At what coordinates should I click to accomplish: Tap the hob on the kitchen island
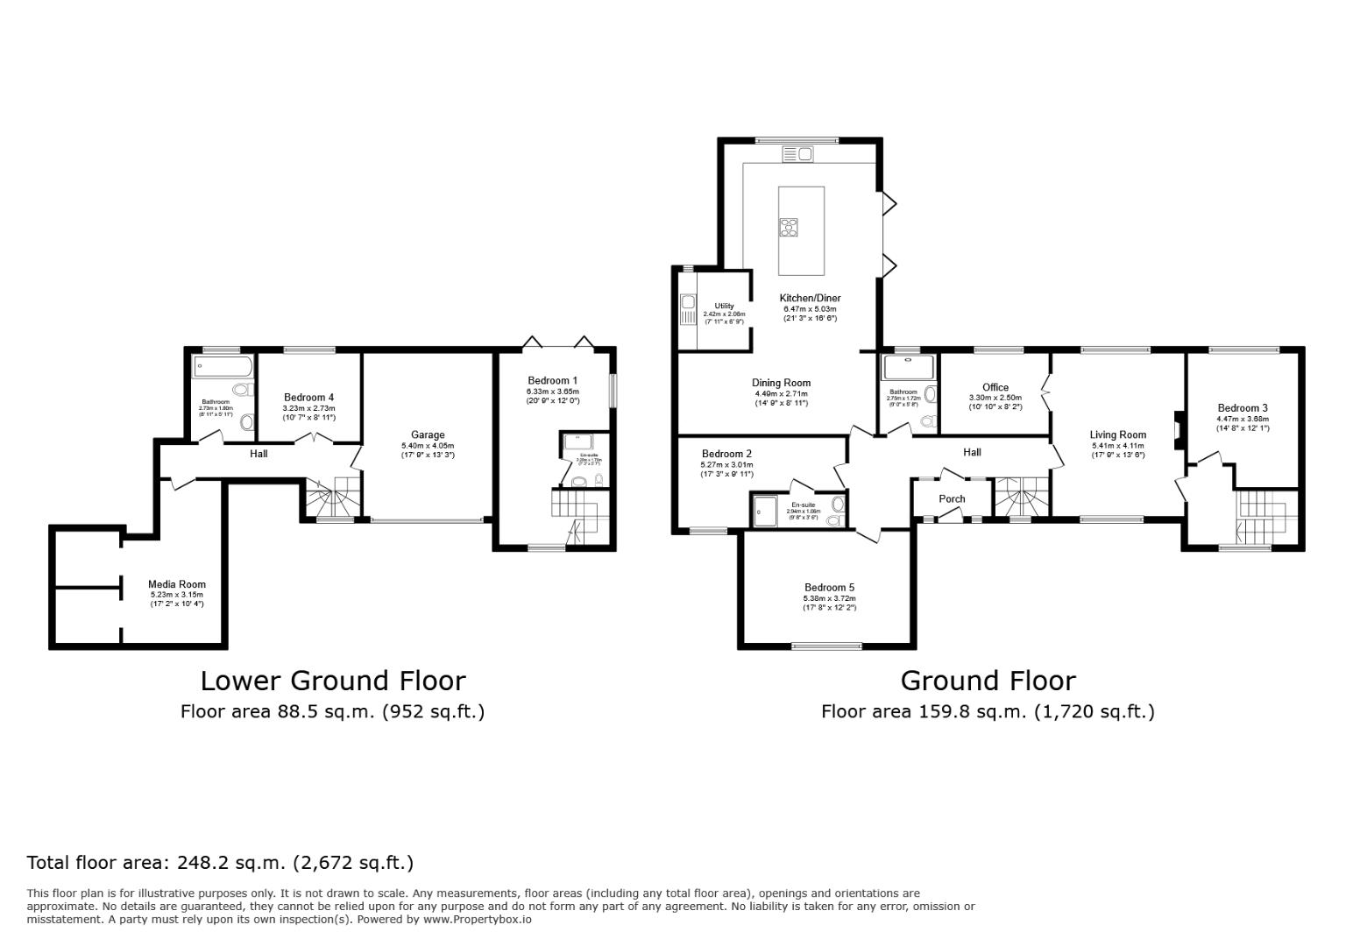coord(789,227)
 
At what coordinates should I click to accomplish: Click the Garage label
coord(428,434)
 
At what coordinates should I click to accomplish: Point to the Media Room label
coord(176,584)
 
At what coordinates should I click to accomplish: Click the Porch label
coord(952,498)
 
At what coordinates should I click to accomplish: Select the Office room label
coord(995,387)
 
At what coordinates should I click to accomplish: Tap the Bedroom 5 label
coord(829,588)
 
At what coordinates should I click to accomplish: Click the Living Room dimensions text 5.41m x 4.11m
coord(1118,446)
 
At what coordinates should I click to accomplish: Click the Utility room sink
coord(688,303)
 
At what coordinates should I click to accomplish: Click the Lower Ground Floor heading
coord(333,681)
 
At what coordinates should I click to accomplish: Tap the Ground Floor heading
coord(988,681)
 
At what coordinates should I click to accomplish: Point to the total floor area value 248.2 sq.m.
coord(231,863)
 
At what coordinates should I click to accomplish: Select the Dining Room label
coord(781,383)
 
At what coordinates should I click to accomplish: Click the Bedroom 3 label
coord(1242,408)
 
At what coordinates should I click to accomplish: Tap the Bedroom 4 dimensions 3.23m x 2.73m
coord(308,408)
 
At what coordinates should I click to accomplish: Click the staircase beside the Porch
coord(1021,498)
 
